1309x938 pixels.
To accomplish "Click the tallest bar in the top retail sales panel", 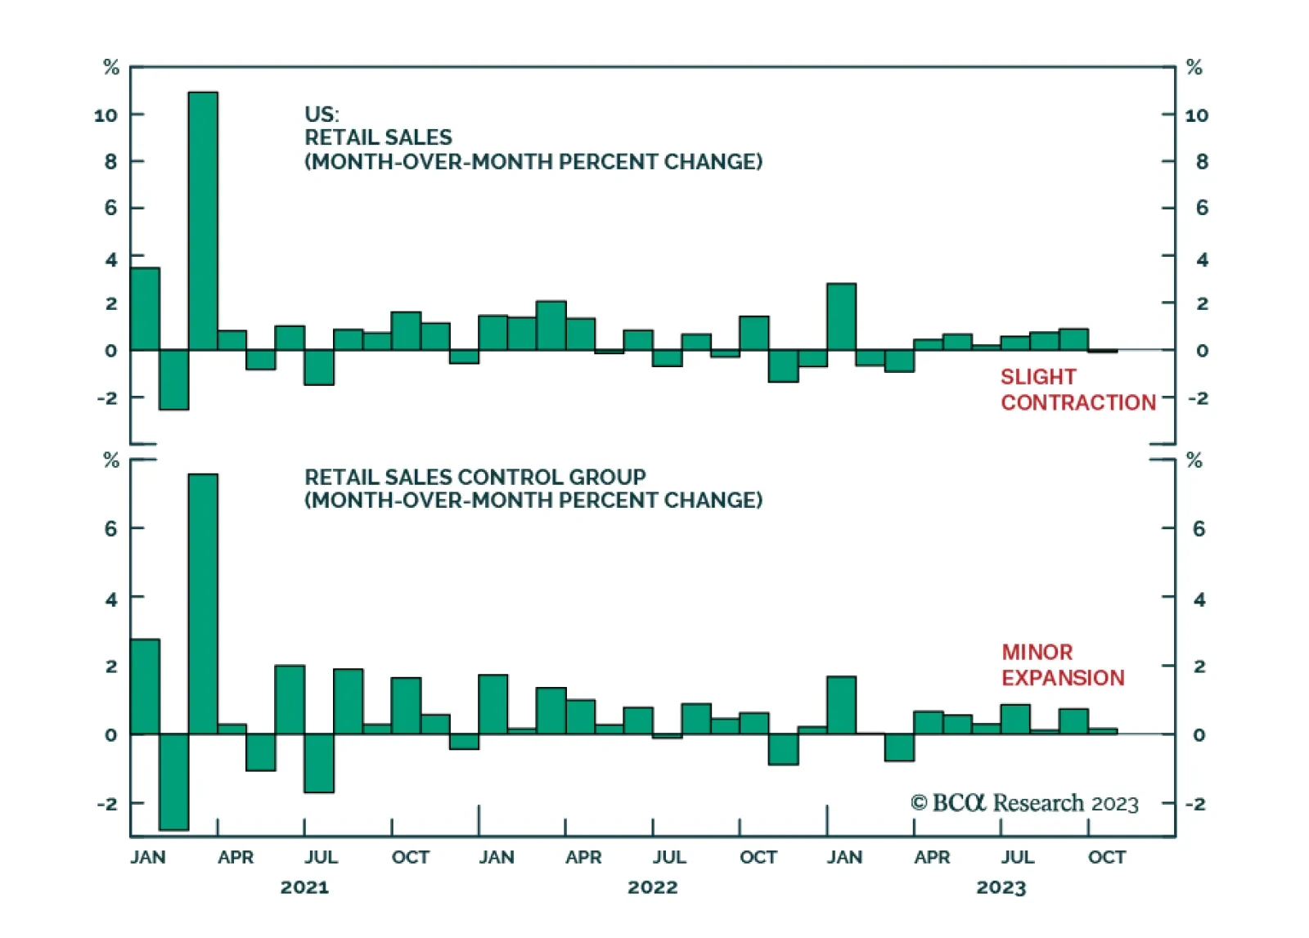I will pyautogui.click(x=203, y=221).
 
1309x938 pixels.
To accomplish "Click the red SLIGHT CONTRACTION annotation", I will pyautogui.click(x=1077, y=389).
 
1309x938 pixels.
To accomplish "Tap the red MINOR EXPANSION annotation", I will pyautogui.click(x=1063, y=665).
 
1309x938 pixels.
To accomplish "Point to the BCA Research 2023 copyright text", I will pyautogui.click(x=1024, y=803).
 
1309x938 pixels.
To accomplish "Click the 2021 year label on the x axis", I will pyautogui.click(x=304, y=887).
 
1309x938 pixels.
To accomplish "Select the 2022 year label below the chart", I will pyautogui.click(x=653, y=887).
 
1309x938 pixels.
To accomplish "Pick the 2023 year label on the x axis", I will pyautogui.click(x=1001, y=887).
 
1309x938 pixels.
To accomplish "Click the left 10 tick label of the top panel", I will pyautogui.click(x=106, y=115).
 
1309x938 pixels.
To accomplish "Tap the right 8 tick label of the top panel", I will pyautogui.click(x=1202, y=162).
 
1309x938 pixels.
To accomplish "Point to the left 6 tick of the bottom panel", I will pyautogui.click(x=110, y=529).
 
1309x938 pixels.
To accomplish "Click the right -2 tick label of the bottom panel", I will pyautogui.click(x=1195, y=804).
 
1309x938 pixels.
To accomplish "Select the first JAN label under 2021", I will pyautogui.click(x=148, y=857).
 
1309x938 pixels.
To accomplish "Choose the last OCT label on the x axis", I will pyautogui.click(x=1107, y=857).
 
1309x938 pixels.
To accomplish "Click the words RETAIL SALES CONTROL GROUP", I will pyautogui.click(x=475, y=477).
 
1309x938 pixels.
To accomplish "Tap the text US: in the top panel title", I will pyautogui.click(x=322, y=114).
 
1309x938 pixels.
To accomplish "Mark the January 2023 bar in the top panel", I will pyautogui.click(x=841, y=317).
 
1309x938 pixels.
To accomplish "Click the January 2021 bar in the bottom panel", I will pyautogui.click(x=145, y=687).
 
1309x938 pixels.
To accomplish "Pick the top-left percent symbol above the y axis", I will pyautogui.click(x=111, y=68).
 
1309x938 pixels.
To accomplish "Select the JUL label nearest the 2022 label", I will pyautogui.click(x=669, y=857).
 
